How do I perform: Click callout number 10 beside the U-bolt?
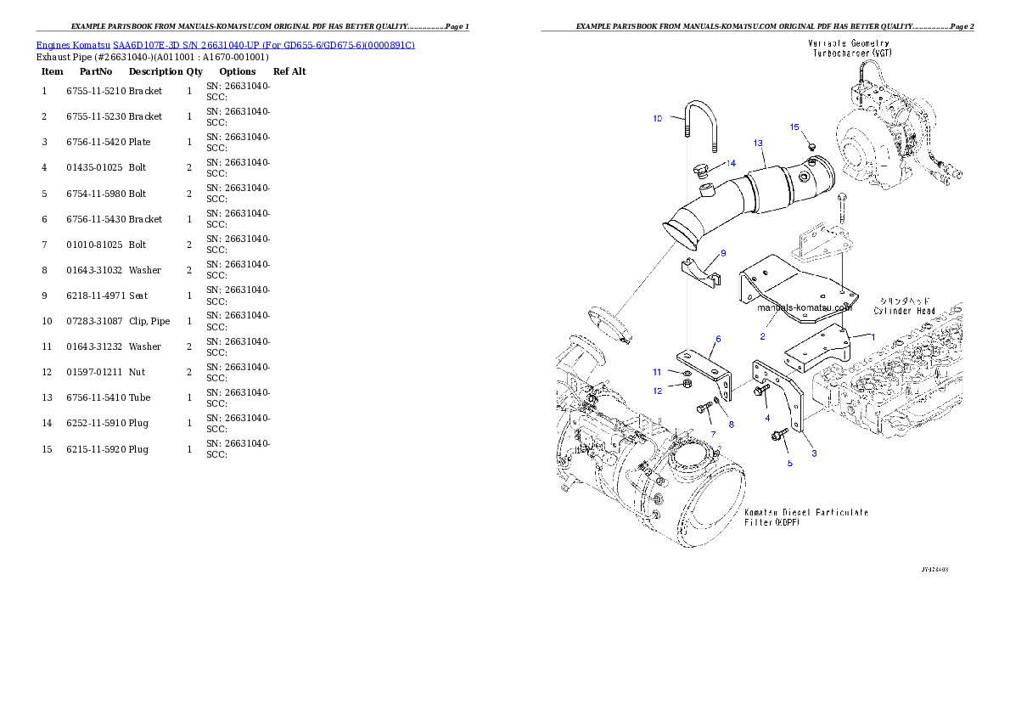tap(657, 119)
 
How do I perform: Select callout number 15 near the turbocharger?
tap(794, 127)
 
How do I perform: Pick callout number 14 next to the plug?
tap(730, 163)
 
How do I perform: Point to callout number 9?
tap(723, 253)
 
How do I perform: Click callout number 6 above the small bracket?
tap(718, 339)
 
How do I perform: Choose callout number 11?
tap(657, 372)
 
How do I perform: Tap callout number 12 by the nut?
tap(657, 391)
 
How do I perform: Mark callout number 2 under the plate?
tap(762, 336)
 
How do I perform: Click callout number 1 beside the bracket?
tap(872, 336)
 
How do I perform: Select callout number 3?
tap(813, 453)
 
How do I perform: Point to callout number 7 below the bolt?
tap(713, 434)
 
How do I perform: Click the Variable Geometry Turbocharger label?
tap(849, 48)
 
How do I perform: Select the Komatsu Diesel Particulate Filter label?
tap(805, 517)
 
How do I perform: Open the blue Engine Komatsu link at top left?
tap(225, 45)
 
